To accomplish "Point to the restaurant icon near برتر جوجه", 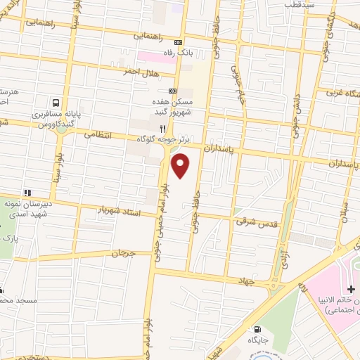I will point(162,129).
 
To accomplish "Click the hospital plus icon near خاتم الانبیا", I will point(351,289).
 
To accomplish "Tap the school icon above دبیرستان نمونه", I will point(27,192).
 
